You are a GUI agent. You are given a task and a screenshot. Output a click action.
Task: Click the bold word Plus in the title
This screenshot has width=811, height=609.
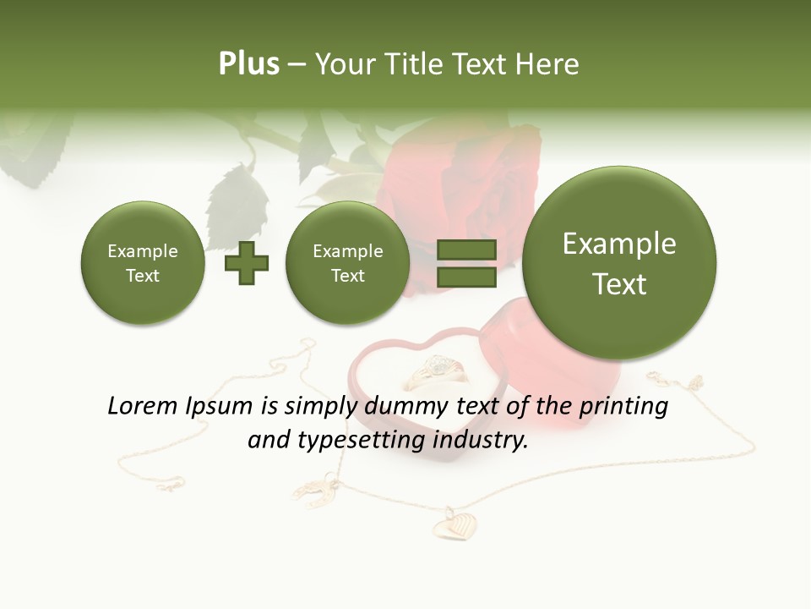coord(248,64)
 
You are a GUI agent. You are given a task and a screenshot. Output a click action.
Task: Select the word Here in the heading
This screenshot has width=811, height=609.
coord(549,64)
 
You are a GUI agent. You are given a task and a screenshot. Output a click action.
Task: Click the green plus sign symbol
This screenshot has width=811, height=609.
coord(246,263)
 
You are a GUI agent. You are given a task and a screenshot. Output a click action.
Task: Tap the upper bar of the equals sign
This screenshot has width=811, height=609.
coord(465,250)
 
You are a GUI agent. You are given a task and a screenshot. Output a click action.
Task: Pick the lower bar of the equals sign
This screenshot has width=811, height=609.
coord(465,277)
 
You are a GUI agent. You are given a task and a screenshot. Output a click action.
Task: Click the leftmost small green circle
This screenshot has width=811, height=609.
coord(143,263)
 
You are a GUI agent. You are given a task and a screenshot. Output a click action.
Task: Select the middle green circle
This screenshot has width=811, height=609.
coord(348,263)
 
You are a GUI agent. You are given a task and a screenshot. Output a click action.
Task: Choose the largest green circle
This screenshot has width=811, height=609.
coord(619,262)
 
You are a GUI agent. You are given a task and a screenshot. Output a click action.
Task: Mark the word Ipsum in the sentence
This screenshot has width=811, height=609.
coord(224,406)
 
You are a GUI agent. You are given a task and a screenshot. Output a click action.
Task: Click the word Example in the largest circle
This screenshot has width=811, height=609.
coord(619,244)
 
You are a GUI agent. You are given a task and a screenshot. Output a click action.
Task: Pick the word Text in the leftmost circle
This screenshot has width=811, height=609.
coord(143,275)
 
